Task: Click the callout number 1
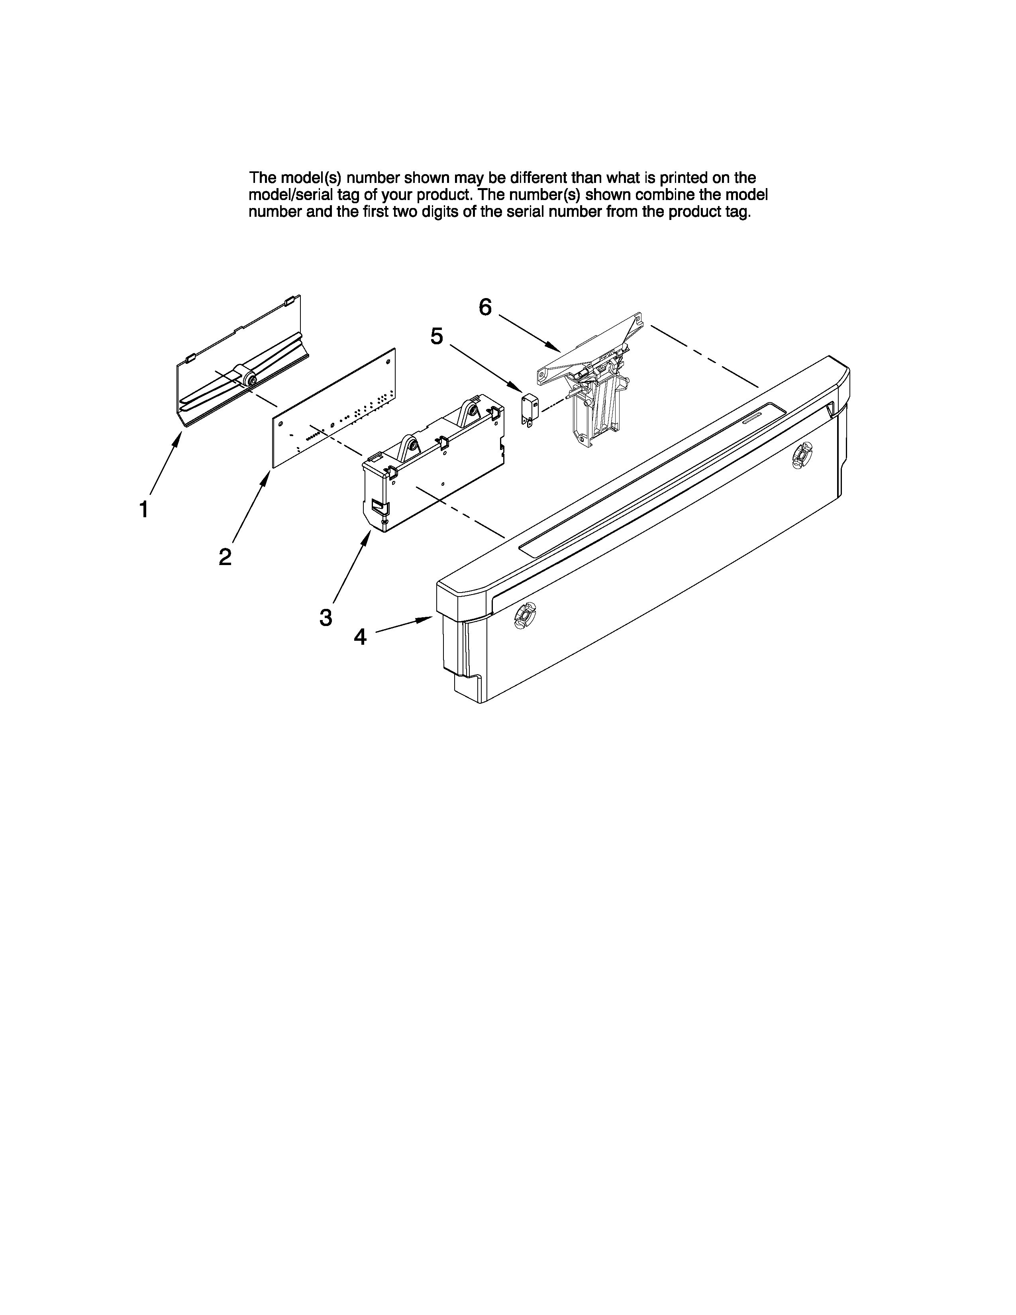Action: (x=143, y=509)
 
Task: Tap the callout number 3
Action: (x=326, y=617)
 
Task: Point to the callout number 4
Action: (x=360, y=636)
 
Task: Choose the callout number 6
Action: (x=485, y=308)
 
